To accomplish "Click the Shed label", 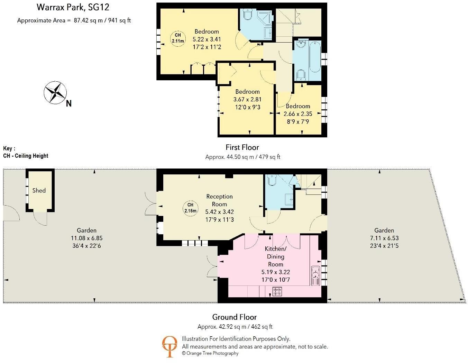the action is [x=39, y=190].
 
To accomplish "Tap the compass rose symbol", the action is [x=55, y=93].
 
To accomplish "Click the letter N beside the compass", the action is [x=69, y=103].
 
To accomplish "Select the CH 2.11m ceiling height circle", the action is [x=178, y=38].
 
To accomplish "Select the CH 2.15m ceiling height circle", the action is [x=190, y=208].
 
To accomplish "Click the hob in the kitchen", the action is [x=277, y=292].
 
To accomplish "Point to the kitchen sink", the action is [x=315, y=276].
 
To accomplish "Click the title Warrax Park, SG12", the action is [x=73, y=7].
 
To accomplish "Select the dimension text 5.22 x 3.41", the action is [x=207, y=39].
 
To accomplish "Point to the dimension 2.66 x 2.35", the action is [x=298, y=114].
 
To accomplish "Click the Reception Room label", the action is [x=219, y=200].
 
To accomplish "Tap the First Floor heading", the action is [x=242, y=147].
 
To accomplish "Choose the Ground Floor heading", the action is [x=235, y=317].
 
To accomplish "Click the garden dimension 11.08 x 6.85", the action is [x=86, y=238].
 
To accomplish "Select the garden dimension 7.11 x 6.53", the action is [x=384, y=238].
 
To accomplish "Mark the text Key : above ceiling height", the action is [x=9, y=148].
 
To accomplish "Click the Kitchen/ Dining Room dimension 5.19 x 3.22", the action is [x=276, y=272].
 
